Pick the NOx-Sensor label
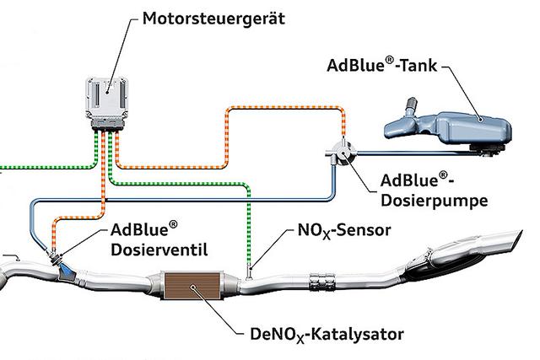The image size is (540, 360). coord(343,230)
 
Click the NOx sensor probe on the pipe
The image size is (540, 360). coord(251,270)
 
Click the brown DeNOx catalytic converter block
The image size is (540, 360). coord(192,287)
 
